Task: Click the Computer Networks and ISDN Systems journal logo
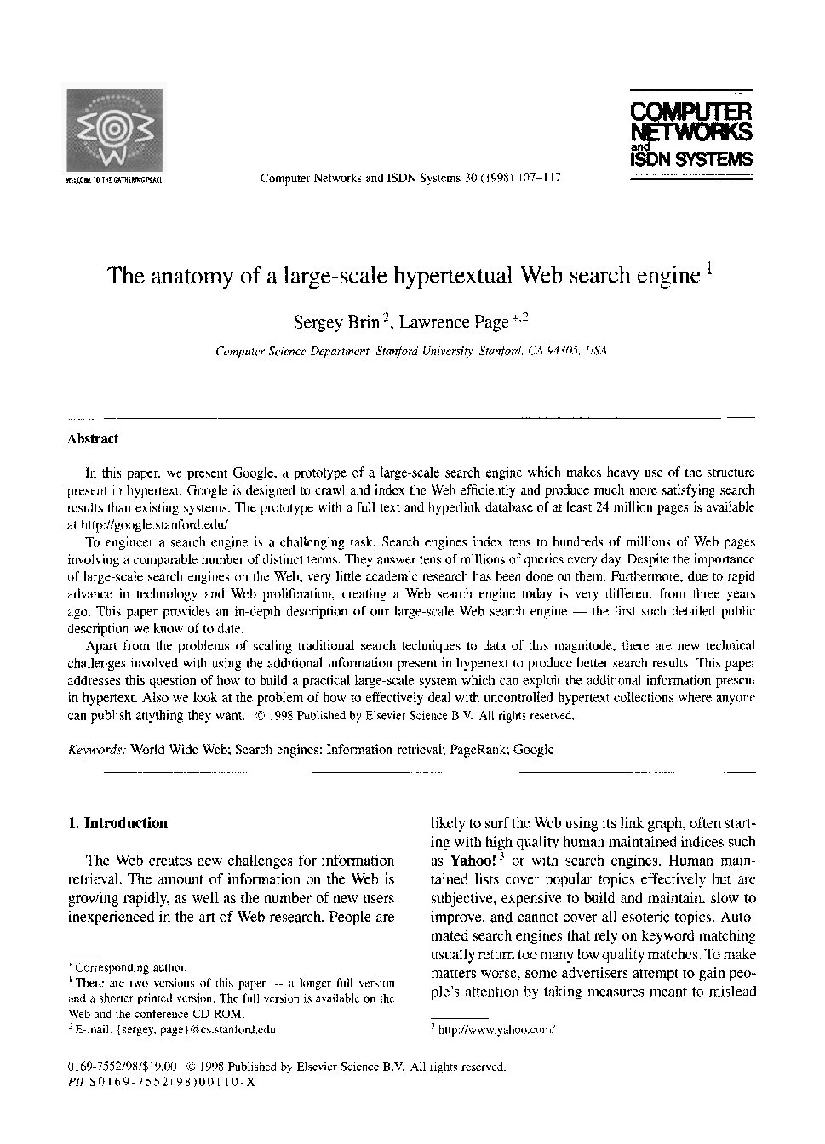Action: tap(690, 135)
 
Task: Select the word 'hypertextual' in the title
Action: tap(452, 277)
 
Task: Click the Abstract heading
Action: tap(92, 439)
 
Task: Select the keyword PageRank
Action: tap(478, 750)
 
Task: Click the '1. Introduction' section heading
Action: tap(117, 823)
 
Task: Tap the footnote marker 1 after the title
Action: tap(709, 266)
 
